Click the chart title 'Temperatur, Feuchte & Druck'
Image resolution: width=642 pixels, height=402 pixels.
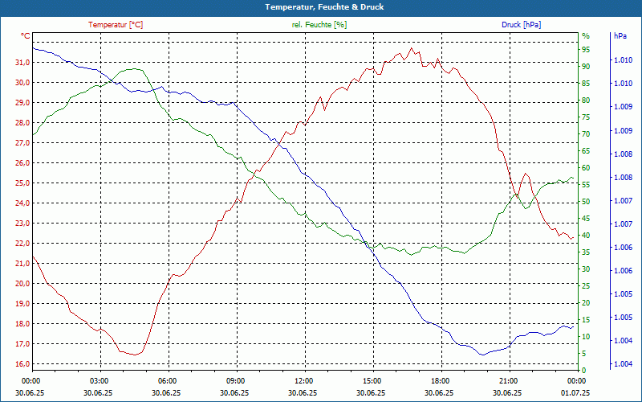tap(320, 7)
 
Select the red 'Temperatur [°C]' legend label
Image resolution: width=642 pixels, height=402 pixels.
tap(116, 25)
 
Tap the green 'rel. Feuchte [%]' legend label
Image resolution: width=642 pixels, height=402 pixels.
tap(319, 25)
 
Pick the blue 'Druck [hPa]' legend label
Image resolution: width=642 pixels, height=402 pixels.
tap(521, 25)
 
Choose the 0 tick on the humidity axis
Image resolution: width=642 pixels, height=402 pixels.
tap(584, 371)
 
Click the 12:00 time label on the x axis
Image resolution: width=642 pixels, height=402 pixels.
tap(304, 380)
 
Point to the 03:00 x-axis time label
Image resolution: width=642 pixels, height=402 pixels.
tap(100, 380)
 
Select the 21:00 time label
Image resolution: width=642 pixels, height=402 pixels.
tap(508, 380)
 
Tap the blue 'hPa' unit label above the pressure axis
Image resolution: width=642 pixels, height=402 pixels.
tap(620, 36)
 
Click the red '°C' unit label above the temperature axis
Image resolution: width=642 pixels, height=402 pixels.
tap(26, 36)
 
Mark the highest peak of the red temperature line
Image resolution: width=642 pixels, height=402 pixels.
tap(412, 48)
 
